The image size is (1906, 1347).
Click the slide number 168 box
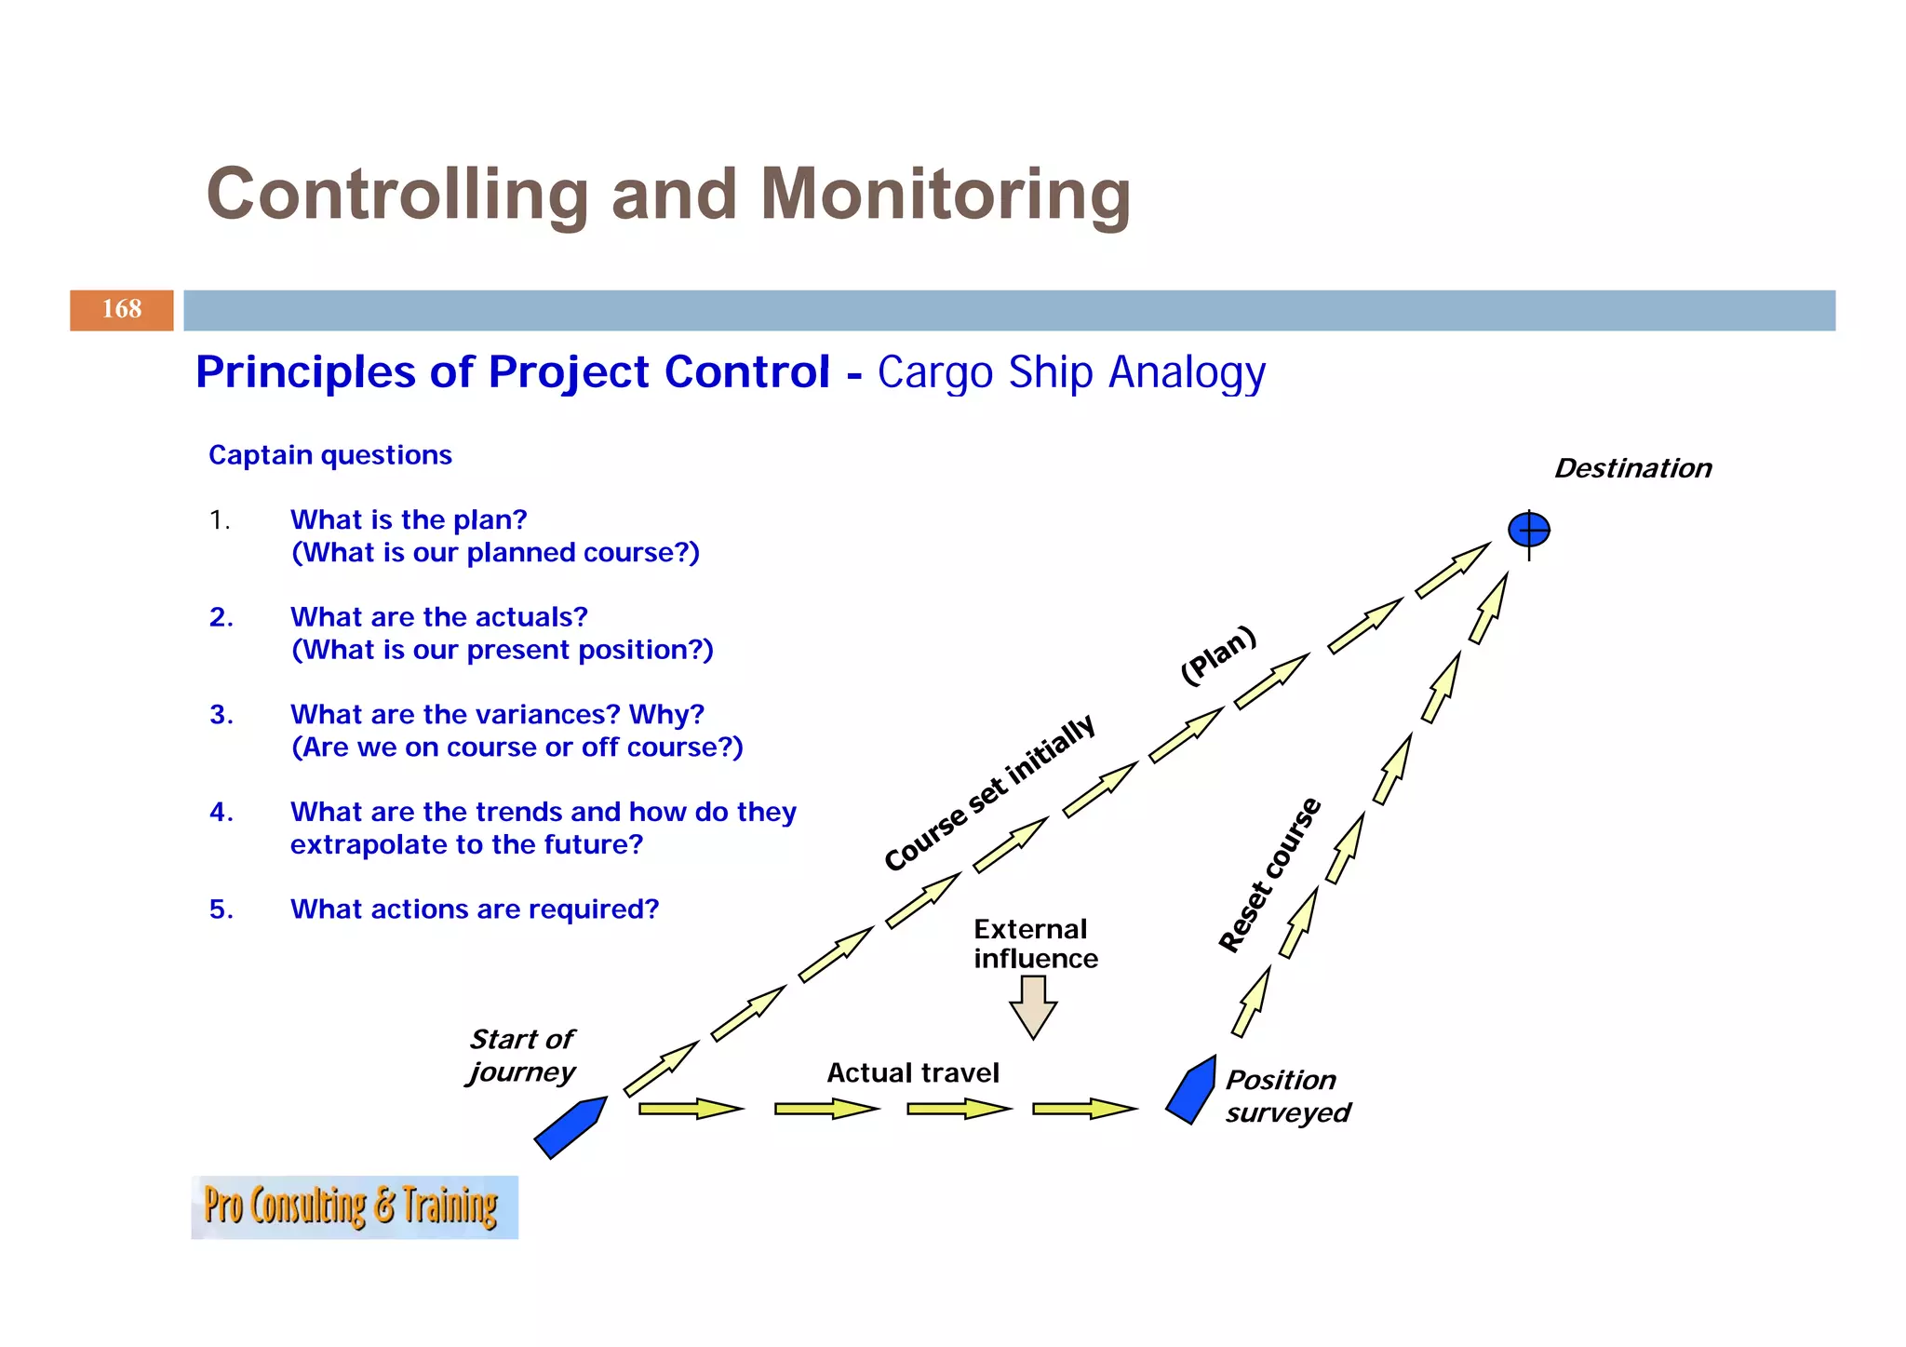[x=121, y=310]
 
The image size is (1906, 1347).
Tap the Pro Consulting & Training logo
[x=354, y=1206]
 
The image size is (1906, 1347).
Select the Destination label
[x=1632, y=468]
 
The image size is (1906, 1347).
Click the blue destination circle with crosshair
[x=1528, y=531]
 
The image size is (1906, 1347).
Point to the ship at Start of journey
[x=570, y=1127]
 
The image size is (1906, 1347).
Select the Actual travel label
[x=912, y=1073]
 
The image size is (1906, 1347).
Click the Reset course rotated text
[x=1270, y=875]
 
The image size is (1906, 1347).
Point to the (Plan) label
[x=1218, y=655]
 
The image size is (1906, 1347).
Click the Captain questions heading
[x=329, y=455]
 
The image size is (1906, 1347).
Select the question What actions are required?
[x=474, y=909]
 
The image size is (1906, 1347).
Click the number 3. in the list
[x=221, y=715]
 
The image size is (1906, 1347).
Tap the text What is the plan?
[x=408, y=519]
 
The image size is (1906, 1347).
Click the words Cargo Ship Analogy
[x=1070, y=372]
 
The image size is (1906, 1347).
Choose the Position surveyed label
[x=1286, y=1097]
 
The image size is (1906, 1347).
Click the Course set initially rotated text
[x=989, y=794]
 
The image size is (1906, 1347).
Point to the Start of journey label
[x=521, y=1056]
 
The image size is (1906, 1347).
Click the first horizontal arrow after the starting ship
[x=690, y=1109]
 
